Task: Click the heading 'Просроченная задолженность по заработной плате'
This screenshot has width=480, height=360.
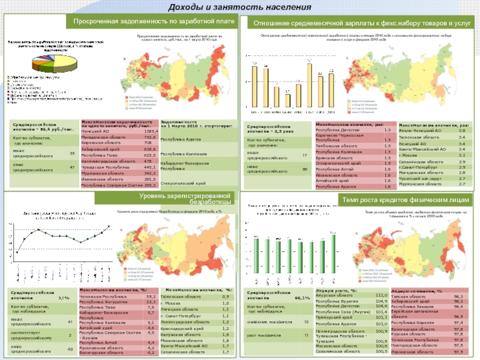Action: click(154, 22)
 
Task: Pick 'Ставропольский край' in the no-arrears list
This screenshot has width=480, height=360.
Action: click(184, 182)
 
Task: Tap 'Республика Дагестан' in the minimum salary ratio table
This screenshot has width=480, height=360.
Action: click(337, 130)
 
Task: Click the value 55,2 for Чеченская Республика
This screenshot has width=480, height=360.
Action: click(151, 296)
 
